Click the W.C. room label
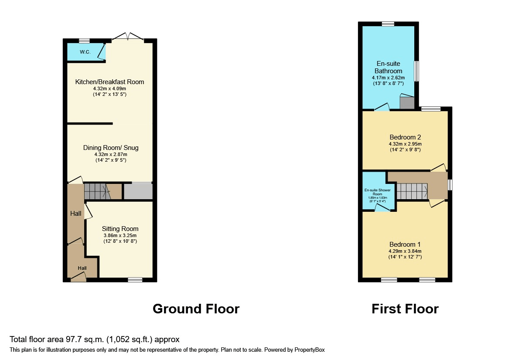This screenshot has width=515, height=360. (85, 52)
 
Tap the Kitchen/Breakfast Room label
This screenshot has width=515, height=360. (109, 82)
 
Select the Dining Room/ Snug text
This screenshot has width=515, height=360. (111, 148)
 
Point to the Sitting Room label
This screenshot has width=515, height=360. (120, 229)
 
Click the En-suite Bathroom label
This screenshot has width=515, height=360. (388, 68)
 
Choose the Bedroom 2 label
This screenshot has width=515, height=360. (405, 137)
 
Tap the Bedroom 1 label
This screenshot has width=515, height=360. (405, 245)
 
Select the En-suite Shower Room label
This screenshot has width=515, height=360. (378, 192)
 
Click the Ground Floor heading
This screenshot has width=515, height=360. (196, 309)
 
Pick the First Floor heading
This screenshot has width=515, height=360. (405, 309)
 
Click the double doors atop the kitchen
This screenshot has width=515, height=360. (128, 37)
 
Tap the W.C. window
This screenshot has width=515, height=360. (84, 41)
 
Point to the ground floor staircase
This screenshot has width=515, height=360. (96, 191)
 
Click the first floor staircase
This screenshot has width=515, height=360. (412, 190)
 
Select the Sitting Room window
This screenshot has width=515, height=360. (135, 280)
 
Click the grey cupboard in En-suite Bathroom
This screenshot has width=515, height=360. (407, 103)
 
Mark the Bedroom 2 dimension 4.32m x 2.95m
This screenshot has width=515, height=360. (405, 144)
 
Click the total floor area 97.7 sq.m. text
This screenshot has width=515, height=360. (94, 339)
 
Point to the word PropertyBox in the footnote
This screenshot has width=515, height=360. (308, 350)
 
